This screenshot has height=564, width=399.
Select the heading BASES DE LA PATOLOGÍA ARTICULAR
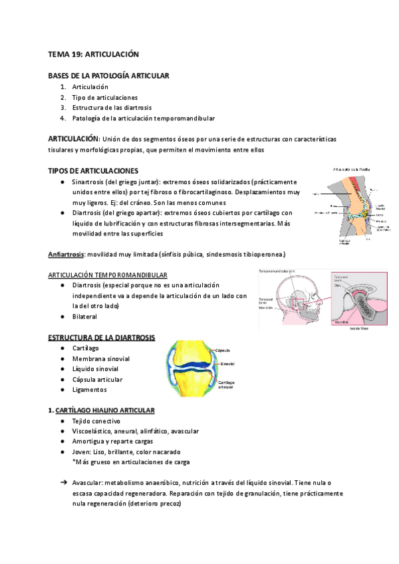coord(108,76)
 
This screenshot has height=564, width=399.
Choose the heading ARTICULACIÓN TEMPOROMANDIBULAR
coord(108,275)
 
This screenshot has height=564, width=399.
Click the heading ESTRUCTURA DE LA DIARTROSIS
coord(101,338)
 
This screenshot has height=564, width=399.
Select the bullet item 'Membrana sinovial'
coord(100,358)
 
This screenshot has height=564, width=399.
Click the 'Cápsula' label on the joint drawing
coord(223,350)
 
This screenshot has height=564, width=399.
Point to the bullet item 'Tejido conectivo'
coord(96,421)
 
